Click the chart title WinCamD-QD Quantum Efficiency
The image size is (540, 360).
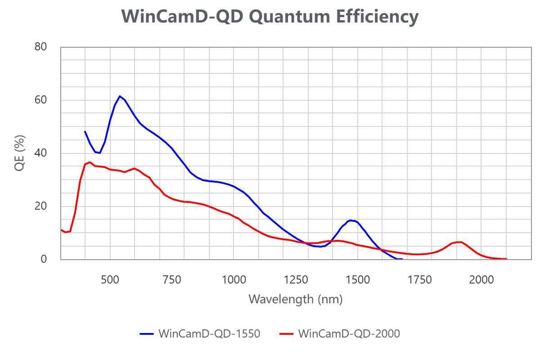[x=270, y=17]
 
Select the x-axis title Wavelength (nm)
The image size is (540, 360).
[x=295, y=299]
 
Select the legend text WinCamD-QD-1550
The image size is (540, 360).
[x=209, y=334]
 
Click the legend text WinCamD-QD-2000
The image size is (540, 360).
[x=349, y=334]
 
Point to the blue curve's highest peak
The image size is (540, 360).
[x=120, y=96]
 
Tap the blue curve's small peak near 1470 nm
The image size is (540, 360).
[x=350, y=220]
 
